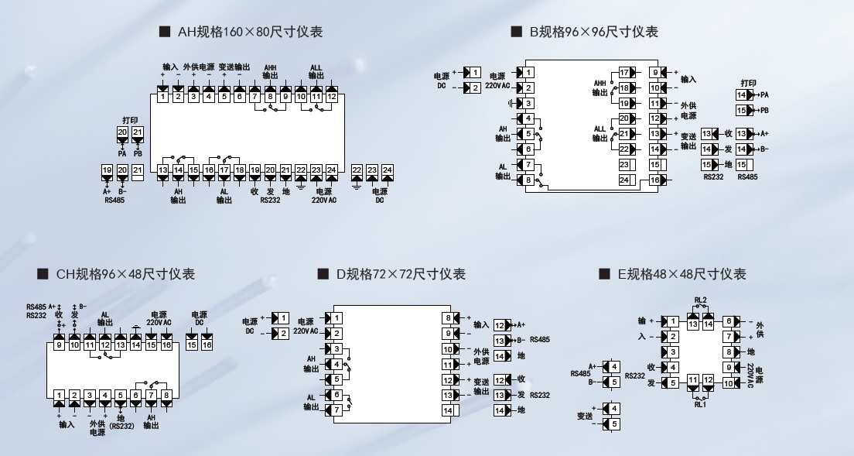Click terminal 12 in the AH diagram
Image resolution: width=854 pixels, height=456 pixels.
pyautogui.click(x=331, y=97)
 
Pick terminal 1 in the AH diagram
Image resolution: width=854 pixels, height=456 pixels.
pyautogui.click(x=163, y=97)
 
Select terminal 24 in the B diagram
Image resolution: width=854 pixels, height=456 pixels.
pyautogui.click(x=624, y=180)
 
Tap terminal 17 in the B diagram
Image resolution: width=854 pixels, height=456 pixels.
pyautogui.click(x=624, y=73)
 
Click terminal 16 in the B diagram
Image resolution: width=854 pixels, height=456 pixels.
pyautogui.click(x=654, y=180)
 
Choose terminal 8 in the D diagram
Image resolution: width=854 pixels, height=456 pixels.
pyautogui.click(x=448, y=318)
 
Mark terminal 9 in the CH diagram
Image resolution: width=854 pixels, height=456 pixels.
pyautogui.click(x=59, y=345)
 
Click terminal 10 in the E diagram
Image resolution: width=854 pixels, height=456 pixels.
pyautogui.click(x=728, y=382)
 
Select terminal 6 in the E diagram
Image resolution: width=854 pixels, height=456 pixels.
pyautogui.click(x=728, y=321)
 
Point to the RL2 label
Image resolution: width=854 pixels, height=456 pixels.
pyautogui.click(x=700, y=300)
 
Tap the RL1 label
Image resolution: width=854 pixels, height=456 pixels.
pyautogui.click(x=700, y=404)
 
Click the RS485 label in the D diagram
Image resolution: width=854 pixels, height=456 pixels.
pyautogui.click(x=541, y=340)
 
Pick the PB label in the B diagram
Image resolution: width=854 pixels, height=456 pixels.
pyautogui.click(x=764, y=111)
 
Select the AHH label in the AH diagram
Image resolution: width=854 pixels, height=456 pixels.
pyautogui.click(x=270, y=68)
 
